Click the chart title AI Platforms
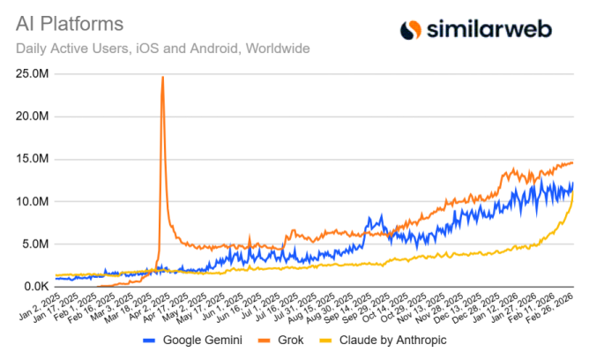pos(66,20)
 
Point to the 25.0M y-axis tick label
pos(33,73)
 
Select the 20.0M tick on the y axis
pos(33,116)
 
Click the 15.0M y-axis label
pos(33,159)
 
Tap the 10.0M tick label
pos(33,201)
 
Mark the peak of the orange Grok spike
pos(162,78)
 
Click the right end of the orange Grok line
pos(573,162)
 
